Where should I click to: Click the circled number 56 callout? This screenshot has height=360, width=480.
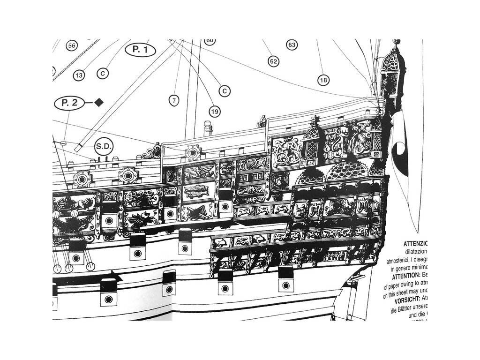(71, 45)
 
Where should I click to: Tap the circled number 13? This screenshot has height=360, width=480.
(79, 75)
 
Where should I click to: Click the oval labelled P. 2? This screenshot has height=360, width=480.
(69, 103)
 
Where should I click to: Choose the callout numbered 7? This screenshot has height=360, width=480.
(174, 100)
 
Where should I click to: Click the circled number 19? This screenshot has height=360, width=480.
(215, 111)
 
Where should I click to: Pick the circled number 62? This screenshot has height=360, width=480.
(274, 61)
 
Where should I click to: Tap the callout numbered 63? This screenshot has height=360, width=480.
(292, 45)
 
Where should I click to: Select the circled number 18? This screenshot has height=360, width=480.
(322, 80)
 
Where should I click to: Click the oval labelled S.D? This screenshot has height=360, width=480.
(104, 146)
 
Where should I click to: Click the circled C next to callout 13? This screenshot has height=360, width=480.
(103, 74)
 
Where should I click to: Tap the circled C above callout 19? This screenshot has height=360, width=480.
(225, 90)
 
